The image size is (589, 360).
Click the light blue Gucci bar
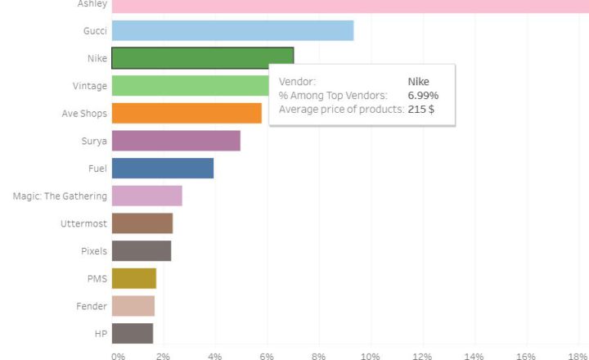pyautogui.click(x=232, y=31)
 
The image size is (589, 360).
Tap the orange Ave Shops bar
pyautogui.click(x=187, y=113)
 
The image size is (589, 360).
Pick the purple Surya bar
pyautogui.click(x=176, y=141)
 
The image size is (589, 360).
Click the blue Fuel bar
pyautogui.click(x=162, y=169)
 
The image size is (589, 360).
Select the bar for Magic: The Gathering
pyautogui.click(x=146, y=196)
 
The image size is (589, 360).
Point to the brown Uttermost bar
pyautogui.click(x=142, y=223)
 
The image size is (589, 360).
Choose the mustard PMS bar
pyautogui.click(x=133, y=279)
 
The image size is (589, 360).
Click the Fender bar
pyautogui.click(x=133, y=306)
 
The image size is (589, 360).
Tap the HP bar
pyautogui.click(x=132, y=334)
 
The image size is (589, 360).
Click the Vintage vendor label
pyautogui.click(x=89, y=85)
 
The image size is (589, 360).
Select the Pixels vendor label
pyautogui.click(x=93, y=251)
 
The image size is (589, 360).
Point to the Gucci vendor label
pyautogui.click(x=95, y=30)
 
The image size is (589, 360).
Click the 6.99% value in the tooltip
pyautogui.click(x=423, y=96)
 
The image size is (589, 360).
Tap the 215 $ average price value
pyautogui.click(x=420, y=110)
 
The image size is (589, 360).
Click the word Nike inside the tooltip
pyautogui.click(x=418, y=82)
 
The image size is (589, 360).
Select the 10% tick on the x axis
pyautogui.click(x=371, y=356)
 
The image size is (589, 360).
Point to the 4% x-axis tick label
pyautogui.click(x=215, y=356)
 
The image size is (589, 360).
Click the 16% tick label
pyautogui.click(x=526, y=356)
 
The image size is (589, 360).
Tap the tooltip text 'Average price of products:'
pyautogui.click(x=341, y=110)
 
